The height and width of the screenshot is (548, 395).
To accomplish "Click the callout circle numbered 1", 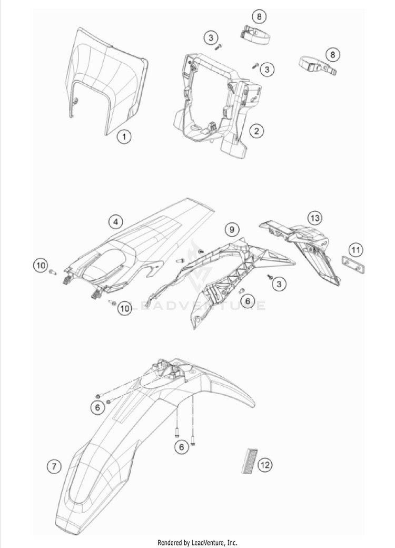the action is coord(124,136).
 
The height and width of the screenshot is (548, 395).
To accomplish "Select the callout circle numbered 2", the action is coord(256,131).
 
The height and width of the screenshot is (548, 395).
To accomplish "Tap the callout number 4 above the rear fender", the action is coord(115,222).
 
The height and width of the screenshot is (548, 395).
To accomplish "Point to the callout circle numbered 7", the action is coord(54,466).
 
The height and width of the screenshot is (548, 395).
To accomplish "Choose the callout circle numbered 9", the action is coord(232,230).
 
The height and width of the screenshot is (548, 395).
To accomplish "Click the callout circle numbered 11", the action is coord(355,250).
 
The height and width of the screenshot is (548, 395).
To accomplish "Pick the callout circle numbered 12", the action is coord(265,465).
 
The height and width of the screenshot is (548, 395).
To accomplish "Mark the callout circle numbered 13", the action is coord(314,218).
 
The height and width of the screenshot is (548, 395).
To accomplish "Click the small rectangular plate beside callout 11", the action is coord(352,265).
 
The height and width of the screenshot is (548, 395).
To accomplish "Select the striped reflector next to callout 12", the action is coord(249,461).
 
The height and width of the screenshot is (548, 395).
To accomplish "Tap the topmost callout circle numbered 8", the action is coord(259,16).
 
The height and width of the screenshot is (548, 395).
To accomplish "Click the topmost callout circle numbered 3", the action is coord(211,37).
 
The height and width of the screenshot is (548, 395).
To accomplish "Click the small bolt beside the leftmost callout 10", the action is coord(53,271).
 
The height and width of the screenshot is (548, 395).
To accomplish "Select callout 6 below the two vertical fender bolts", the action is coord(181,447).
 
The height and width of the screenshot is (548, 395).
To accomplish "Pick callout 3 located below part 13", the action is coord(279,284).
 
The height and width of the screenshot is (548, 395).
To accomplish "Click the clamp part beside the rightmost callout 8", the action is coord(318,66).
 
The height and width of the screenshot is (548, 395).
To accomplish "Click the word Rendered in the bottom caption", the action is coord(170,543).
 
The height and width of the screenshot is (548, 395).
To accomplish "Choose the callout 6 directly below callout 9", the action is coord(248,301).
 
